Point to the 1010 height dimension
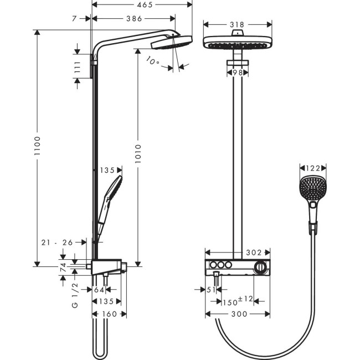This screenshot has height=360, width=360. pos(138,156)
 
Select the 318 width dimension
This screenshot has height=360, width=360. pos(238,25)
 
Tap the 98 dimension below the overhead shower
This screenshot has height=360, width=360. pos(238,73)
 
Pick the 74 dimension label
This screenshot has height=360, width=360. pos(63,266)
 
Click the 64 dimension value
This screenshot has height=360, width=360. pos(100,289)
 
